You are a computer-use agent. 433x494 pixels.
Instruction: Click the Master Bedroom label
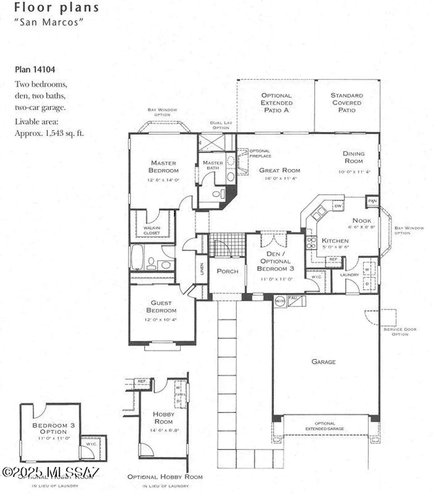point(163,167)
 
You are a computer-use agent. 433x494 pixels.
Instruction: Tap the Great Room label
point(279,170)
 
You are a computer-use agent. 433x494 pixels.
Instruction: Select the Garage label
point(323,362)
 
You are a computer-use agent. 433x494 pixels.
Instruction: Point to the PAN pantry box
point(372,201)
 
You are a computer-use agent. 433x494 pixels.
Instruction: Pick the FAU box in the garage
point(293,298)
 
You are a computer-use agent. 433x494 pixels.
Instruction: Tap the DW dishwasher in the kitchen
point(338,206)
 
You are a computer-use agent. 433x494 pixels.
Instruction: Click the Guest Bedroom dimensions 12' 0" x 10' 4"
point(161,319)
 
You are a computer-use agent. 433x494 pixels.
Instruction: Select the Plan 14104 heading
point(35,69)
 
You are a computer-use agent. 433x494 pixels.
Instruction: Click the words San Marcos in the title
point(49,22)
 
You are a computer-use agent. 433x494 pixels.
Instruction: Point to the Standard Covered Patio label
point(347,102)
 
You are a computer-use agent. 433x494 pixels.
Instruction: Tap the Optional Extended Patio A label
point(276,102)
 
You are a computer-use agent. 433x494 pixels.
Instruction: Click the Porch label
point(227,271)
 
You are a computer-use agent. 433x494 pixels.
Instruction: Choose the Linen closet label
point(202,269)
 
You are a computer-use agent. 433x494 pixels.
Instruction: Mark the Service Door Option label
point(400,332)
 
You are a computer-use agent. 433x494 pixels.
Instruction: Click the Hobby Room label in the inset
point(164,418)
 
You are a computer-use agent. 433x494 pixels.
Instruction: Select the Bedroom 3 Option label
point(53,428)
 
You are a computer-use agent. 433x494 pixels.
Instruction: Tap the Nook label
point(362,220)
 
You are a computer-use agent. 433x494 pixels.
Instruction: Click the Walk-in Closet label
point(152,230)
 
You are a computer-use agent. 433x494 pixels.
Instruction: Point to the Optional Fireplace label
point(260,153)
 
